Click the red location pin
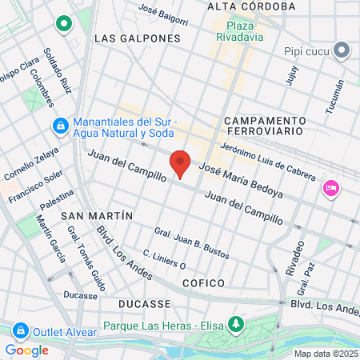pyautogui.click(x=181, y=163)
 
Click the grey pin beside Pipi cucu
pyautogui.click(x=342, y=50)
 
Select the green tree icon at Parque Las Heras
pyautogui.click(x=235, y=324)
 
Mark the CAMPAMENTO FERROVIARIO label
pyautogui.click(x=263, y=123)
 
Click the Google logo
pyautogui.click(x=26, y=350)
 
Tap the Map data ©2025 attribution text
pyautogui.click(x=326, y=354)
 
